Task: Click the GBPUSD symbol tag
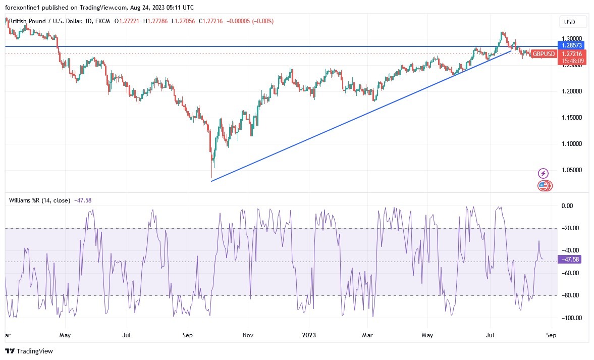(x=544, y=54)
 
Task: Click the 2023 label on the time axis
(x=309, y=335)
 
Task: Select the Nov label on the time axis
(x=247, y=335)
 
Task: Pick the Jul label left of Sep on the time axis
(x=127, y=335)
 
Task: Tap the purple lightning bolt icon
(x=543, y=173)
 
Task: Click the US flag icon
(x=543, y=186)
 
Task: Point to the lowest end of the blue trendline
(x=211, y=181)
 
